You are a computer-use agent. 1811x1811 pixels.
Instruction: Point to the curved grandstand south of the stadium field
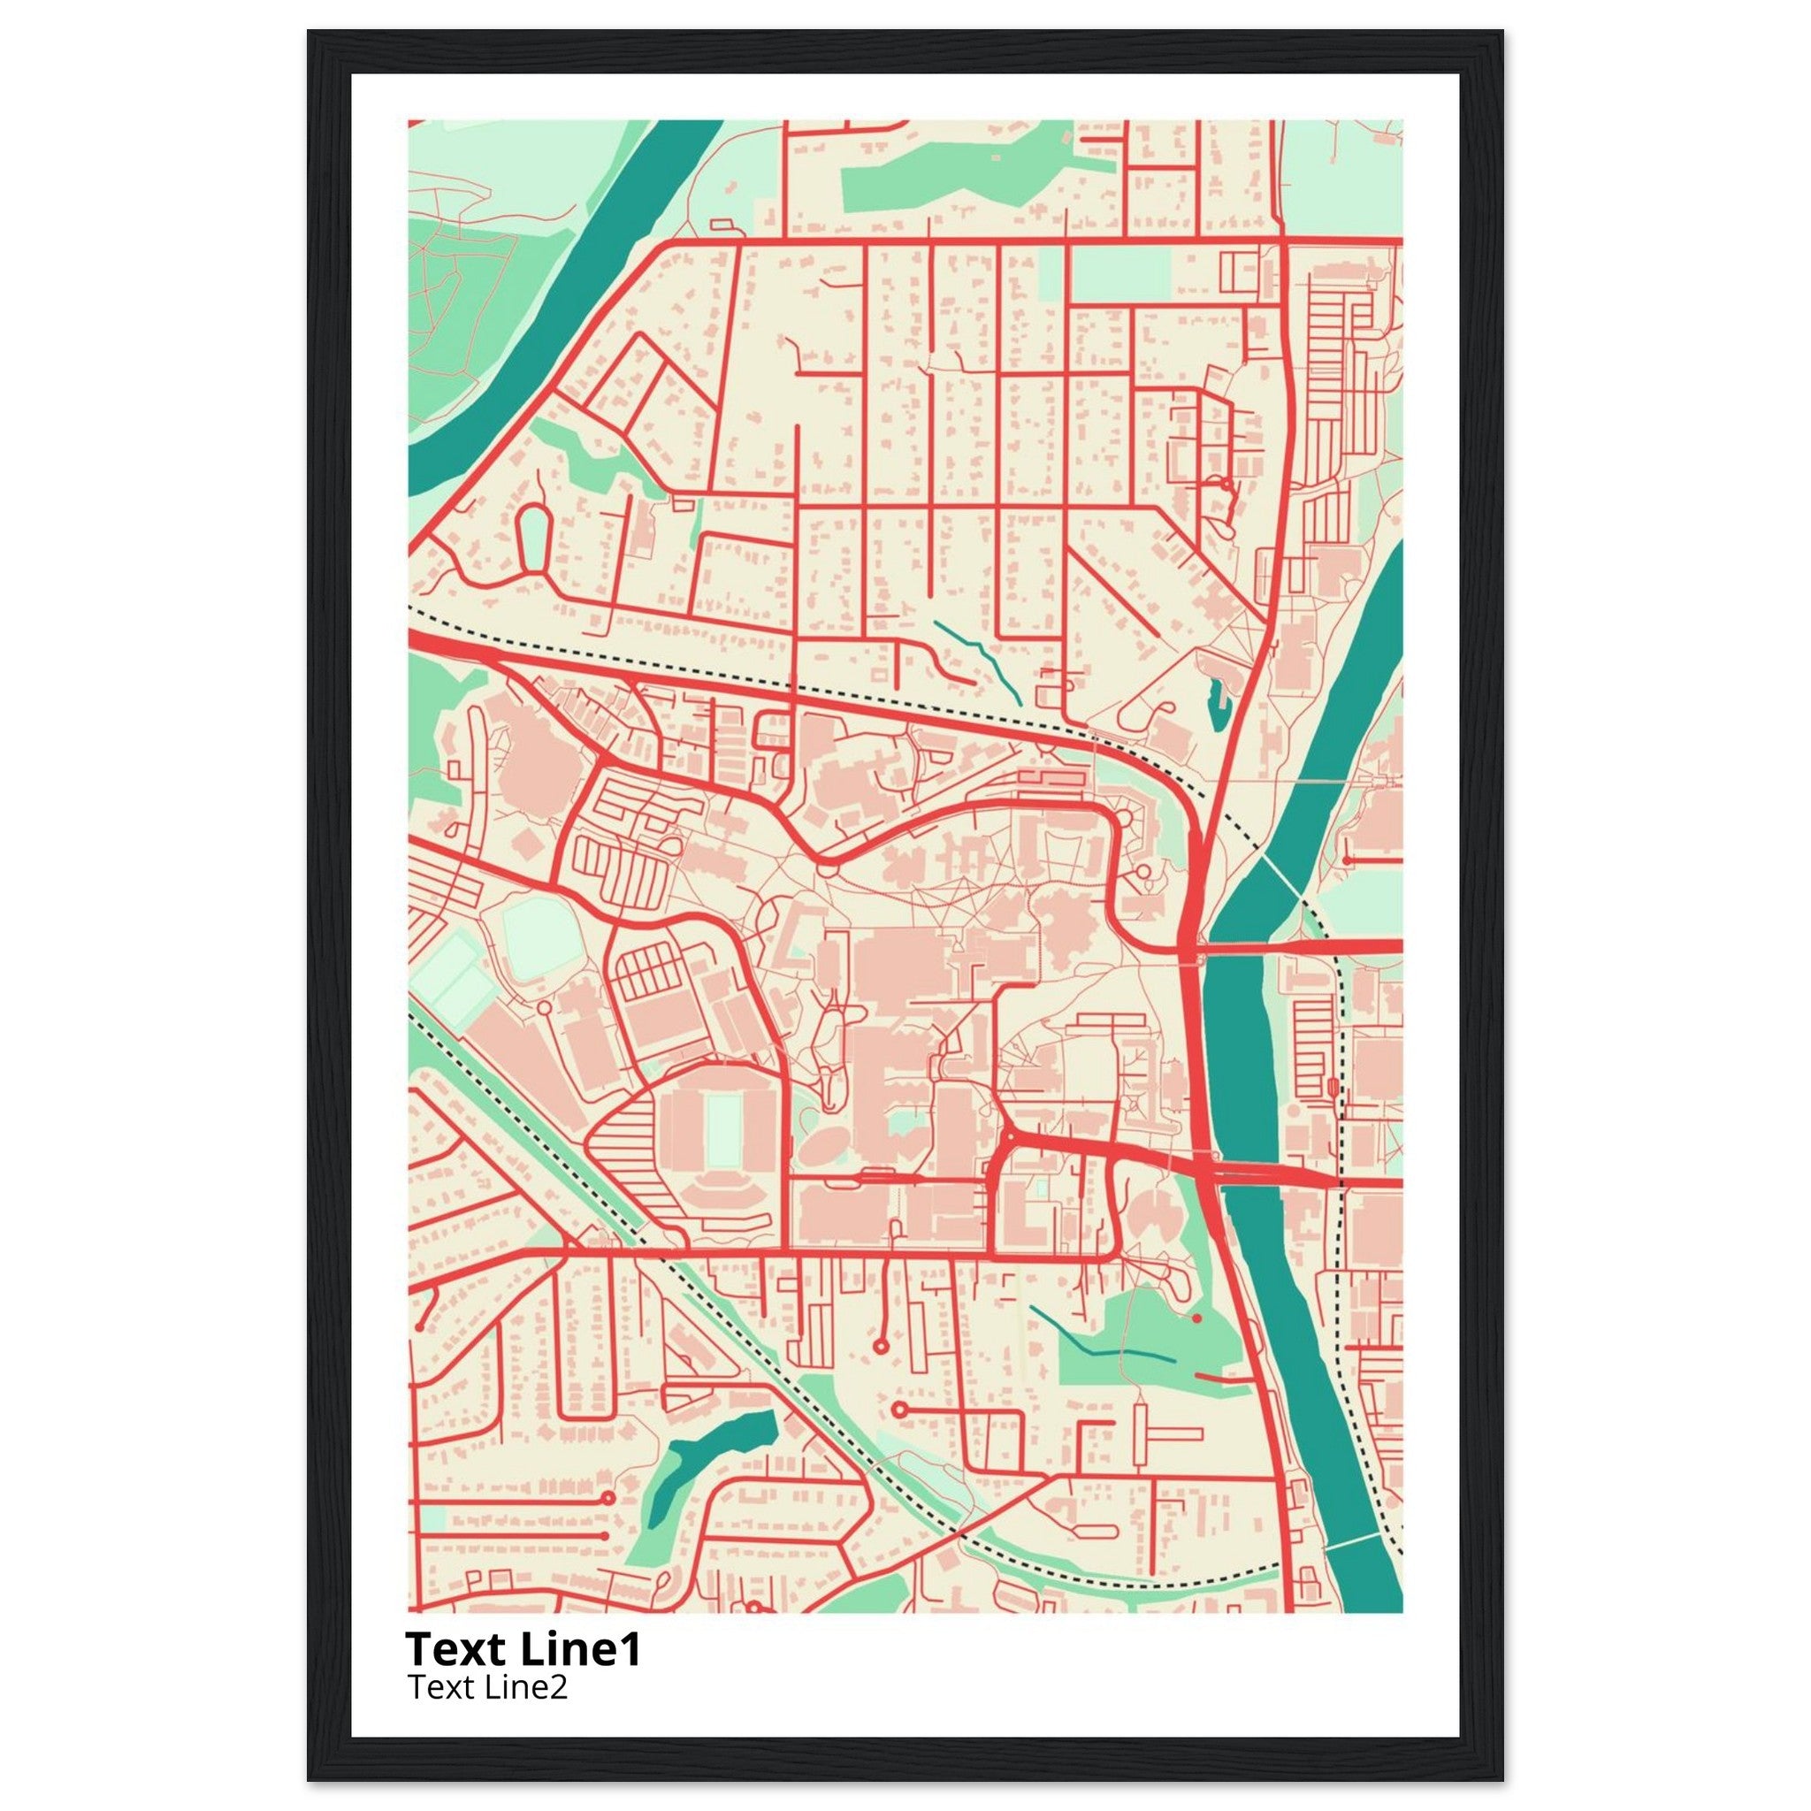pos(722,1198)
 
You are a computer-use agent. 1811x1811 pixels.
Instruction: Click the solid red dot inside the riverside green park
pos(1197,1318)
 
